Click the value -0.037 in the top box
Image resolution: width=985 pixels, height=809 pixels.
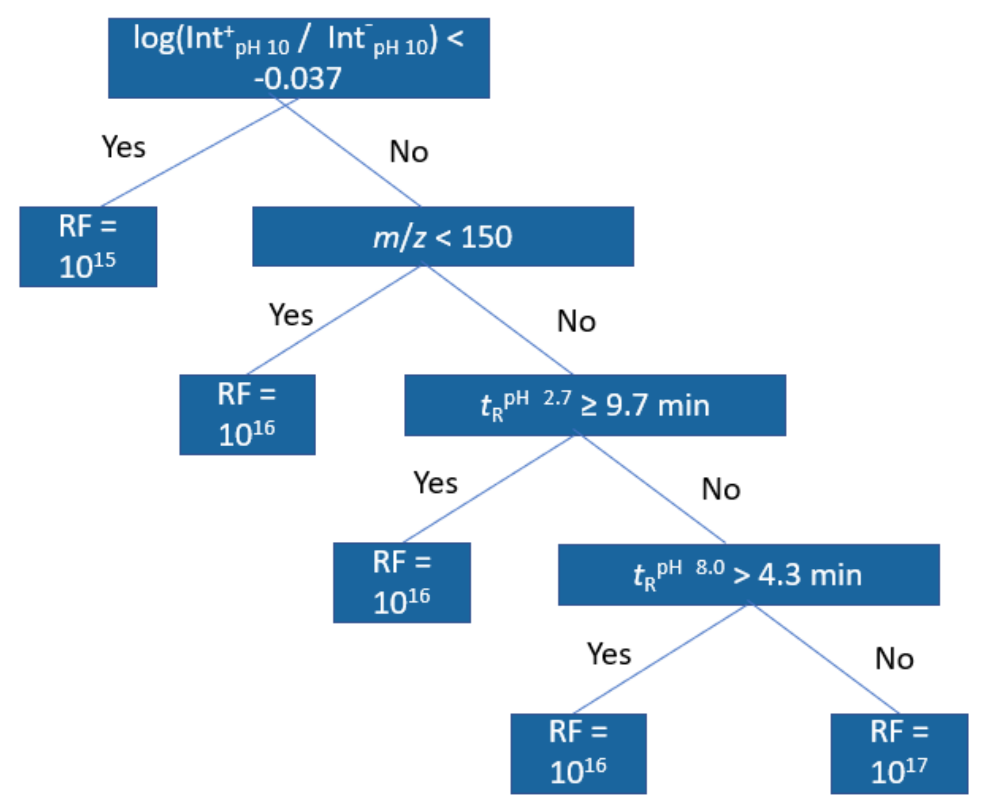298,78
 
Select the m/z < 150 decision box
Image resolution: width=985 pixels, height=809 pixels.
442,236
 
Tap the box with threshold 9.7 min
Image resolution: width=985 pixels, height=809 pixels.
595,405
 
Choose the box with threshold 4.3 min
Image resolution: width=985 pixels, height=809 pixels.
748,574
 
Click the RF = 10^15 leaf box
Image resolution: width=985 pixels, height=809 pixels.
88,246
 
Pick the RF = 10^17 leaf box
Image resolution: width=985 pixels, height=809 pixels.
899,753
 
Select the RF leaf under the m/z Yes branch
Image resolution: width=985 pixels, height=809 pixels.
247,414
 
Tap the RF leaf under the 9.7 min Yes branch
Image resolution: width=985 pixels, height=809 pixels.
402,583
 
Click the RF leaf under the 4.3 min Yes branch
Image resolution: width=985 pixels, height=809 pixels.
578,753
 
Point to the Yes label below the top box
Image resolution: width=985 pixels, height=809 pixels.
123,147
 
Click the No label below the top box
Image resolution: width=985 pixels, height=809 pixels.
409,152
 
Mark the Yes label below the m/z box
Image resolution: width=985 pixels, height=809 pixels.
291,315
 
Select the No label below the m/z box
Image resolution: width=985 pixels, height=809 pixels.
576,321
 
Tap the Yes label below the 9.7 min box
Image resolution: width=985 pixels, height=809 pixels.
435,483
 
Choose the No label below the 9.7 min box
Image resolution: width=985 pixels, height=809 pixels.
721,489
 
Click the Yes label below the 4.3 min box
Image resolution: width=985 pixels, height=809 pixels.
609,654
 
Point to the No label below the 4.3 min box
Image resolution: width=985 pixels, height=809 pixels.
894,659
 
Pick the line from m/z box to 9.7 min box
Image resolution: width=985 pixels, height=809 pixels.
499,320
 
